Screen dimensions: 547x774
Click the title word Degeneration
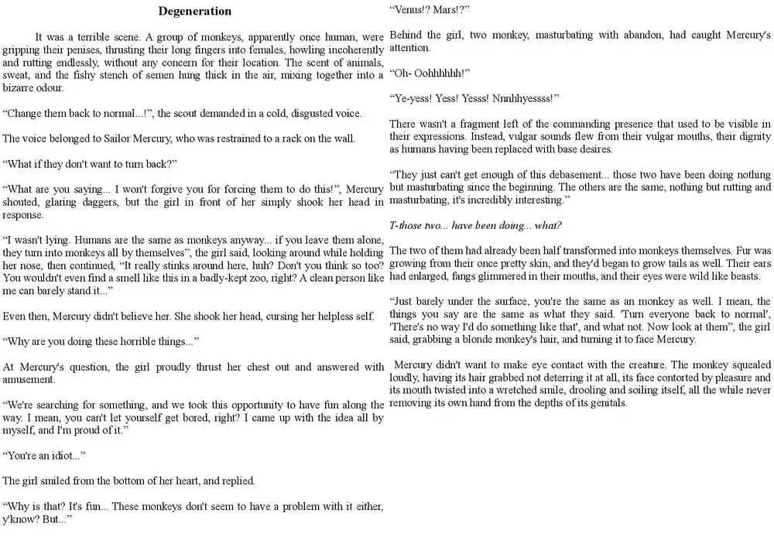pyautogui.click(x=194, y=12)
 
